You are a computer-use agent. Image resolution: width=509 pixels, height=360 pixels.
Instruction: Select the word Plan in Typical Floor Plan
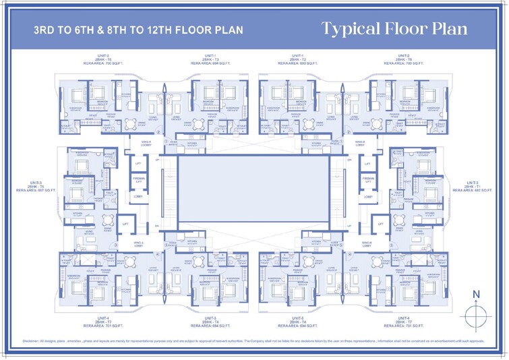pyautogui.click(x=466, y=29)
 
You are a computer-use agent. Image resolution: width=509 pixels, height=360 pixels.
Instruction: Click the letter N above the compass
pyautogui.click(x=477, y=295)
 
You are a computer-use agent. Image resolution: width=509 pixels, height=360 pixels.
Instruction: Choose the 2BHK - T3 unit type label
pyautogui.click(x=210, y=59)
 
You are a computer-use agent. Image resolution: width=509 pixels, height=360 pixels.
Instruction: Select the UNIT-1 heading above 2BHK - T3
pyautogui.click(x=210, y=55)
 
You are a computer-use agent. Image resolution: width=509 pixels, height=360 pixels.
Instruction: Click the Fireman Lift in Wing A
pyautogui.click(x=138, y=180)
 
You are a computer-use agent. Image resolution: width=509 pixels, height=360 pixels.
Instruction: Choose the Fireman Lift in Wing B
pyautogui.click(x=368, y=180)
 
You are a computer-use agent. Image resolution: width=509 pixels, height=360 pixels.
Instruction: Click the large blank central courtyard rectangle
pyautogui.click(x=253, y=190)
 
